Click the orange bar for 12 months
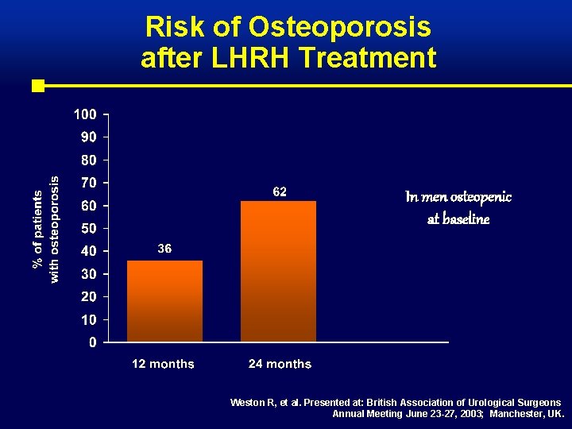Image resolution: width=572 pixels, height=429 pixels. tap(164, 301)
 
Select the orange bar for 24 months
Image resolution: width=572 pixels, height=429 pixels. tap(278, 271)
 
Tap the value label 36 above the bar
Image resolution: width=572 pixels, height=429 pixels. tap(164, 249)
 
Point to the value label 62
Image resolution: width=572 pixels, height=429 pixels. tap(280, 191)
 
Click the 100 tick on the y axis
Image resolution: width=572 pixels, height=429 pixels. tap(86, 114)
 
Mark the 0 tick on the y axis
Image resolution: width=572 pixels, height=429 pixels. tap(93, 343)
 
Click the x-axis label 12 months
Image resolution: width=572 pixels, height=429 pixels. tap(163, 364)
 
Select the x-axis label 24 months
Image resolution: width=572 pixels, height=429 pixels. tap(280, 364)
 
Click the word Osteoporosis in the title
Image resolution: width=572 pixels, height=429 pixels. tap(340, 28)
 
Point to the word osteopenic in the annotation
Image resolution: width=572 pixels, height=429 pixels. tap(481, 196)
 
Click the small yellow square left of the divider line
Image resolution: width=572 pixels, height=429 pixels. tap(37, 85)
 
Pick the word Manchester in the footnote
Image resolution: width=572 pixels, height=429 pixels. tap(516, 414)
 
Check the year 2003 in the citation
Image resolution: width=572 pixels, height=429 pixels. tap(469, 414)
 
